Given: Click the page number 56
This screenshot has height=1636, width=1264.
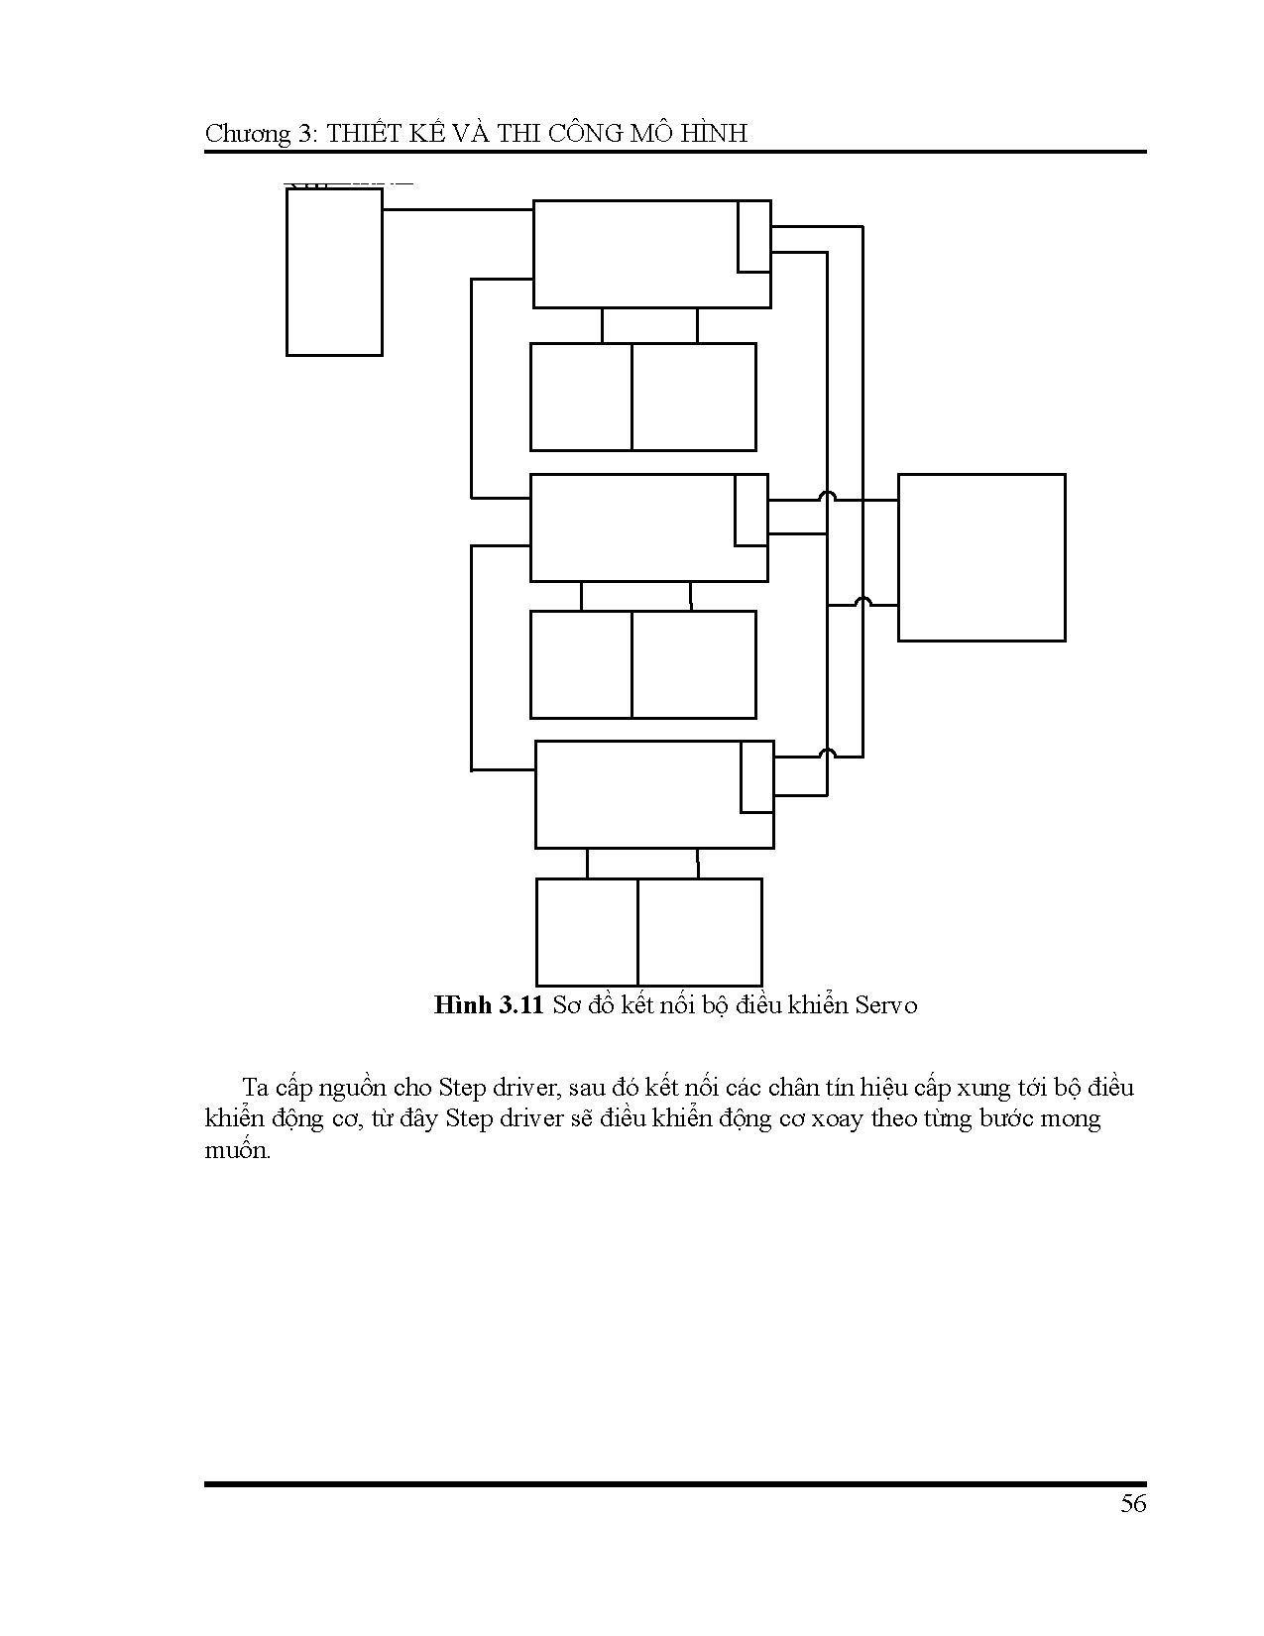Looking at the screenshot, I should (x=1133, y=1504).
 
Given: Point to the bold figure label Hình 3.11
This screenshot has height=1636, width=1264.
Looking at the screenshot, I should (x=489, y=1005).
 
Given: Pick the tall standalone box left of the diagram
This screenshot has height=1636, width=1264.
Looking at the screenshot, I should (x=334, y=272).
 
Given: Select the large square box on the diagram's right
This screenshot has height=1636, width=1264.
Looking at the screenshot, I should (x=981, y=557).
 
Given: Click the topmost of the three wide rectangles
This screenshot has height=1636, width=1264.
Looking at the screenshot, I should (x=634, y=254).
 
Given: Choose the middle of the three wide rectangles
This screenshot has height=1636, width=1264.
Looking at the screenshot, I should (x=632, y=527).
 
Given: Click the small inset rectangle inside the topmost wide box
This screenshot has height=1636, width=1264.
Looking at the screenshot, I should (x=753, y=236).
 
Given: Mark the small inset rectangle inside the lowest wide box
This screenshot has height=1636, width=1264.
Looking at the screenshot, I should (x=757, y=777).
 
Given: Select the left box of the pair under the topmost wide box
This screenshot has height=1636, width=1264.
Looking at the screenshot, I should (x=581, y=397).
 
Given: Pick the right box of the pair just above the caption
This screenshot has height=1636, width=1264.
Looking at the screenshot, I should (x=700, y=931).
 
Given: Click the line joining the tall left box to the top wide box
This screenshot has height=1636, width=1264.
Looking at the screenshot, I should (x=457, y=210).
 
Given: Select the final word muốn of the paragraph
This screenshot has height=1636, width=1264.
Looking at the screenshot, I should (x=237, y=1151).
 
